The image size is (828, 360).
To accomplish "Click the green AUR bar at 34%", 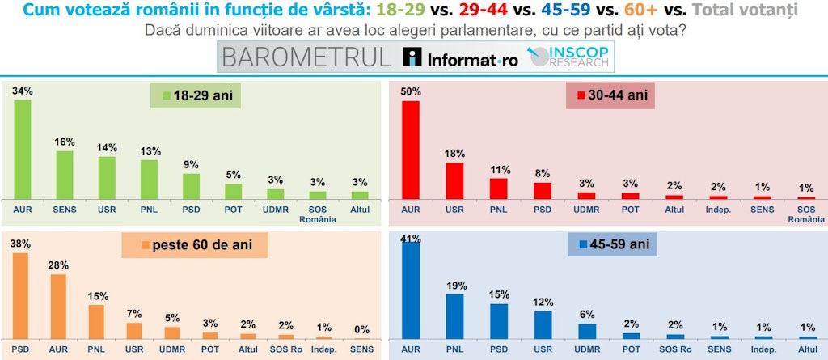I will click(x=22, y=150).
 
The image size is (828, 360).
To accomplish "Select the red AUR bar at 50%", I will click(x=412, y=150).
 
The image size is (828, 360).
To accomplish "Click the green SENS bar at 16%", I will click(x=64, y=175).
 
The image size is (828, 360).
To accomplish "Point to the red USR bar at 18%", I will click(x=454, y=180).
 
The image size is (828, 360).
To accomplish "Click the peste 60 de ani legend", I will click(x=195, y=244).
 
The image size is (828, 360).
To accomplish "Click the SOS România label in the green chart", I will click(x=318, y=211).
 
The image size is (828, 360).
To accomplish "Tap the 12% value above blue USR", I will click(x=543, y=302).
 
